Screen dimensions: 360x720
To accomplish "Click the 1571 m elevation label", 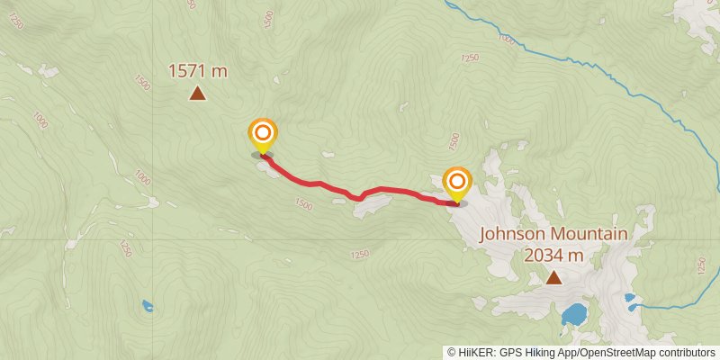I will click(197, 70).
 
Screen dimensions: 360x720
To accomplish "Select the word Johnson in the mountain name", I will click(512, 235).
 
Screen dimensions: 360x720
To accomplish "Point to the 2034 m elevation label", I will click(553, 256).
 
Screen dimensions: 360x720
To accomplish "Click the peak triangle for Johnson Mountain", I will click(553, 278).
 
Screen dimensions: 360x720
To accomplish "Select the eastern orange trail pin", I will click(457, 184).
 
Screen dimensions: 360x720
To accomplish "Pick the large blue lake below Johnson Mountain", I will click(573, 315).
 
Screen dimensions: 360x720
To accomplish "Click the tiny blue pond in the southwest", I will click(147, 305).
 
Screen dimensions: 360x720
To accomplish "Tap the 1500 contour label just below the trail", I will click(302, 205).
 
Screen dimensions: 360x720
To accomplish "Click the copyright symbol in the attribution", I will click(452, 353).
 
